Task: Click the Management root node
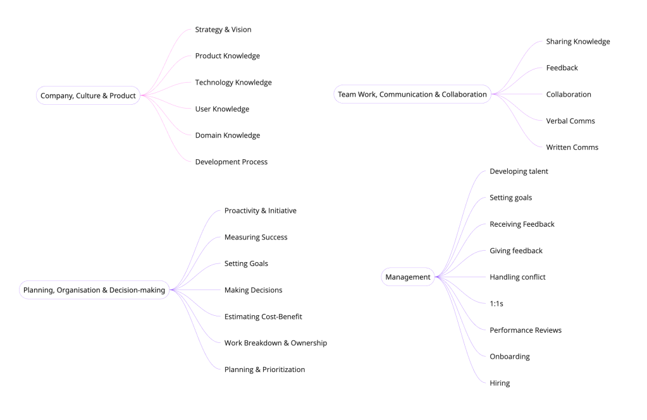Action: point(408,277)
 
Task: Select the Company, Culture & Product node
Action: point(88,96)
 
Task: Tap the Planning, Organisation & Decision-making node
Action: point(94,291)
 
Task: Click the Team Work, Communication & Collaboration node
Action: point(412,94)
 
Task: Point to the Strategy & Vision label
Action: point(223,30)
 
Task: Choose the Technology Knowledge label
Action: point(233,83)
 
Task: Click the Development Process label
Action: point(231,162)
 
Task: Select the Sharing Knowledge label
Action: point(578,42)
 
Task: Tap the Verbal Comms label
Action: point(570,121)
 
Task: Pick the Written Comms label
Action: point(572,147)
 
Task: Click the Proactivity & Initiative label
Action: point(260,211)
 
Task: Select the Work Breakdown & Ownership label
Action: point(275,343)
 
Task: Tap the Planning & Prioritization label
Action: point(264,369)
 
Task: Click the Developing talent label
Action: point(519,171)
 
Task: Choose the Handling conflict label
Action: point(517,277)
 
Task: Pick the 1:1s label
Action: point(496,304)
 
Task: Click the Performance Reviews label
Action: point(526,330)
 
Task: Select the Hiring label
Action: point(500,383)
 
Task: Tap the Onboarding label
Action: point(510,356)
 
